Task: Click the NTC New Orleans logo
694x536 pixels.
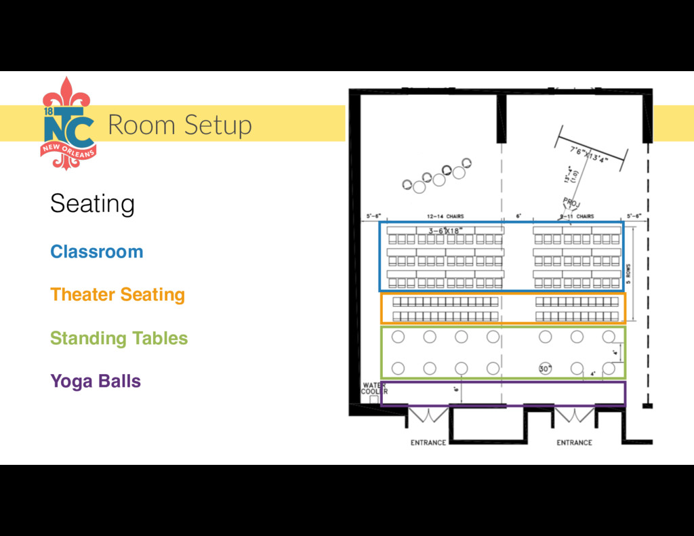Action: click(x=68, y=124)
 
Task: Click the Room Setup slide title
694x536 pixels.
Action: click(x=180, y=125)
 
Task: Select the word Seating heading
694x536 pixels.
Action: click(x=92, y=203)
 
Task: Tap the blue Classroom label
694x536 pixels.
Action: click(x=96, y=252)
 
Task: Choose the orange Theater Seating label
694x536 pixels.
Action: click(x=117, y=295)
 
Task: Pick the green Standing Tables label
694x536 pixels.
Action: click(x=119, y=338)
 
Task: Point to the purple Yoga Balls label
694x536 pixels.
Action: click(x=96, y=381)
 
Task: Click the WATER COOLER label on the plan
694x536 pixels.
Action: click(x=373, y=389)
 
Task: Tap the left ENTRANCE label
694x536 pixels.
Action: click(x=428, y=442)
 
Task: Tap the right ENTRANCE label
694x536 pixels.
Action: click(x=574, y=442)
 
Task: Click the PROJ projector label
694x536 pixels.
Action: click(x=571, y=203)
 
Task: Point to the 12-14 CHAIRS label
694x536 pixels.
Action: click(x=445, y=217)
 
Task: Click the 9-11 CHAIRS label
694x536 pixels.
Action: click(x=577, y=217)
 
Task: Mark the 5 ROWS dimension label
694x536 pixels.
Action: click(x=628, y=273)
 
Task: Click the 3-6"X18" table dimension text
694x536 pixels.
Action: click(x=445, y=231)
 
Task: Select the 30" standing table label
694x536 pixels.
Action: click(x=545, y=369)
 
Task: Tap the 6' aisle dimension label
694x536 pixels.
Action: click(x=518, y=217)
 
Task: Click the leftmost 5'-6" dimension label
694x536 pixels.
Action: click(x=373, y=217)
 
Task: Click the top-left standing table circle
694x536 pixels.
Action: click(x=398, y=337)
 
